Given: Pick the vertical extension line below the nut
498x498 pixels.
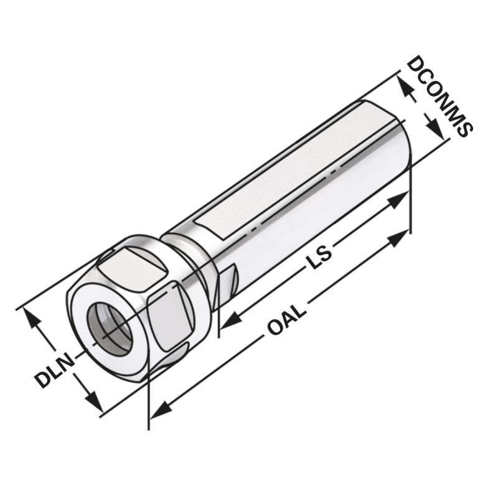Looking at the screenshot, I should [x=149, y=405].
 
